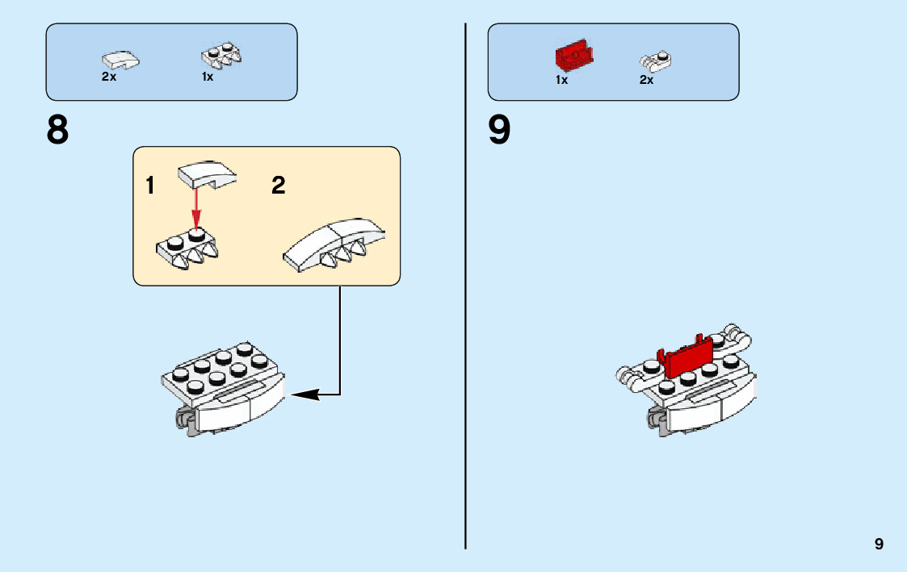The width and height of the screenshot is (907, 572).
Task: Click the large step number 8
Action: click(x=57, y=129)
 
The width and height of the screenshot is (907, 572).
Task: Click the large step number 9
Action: click(x=499, y=129)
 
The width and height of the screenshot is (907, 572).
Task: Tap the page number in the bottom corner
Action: click(x=879, y=544)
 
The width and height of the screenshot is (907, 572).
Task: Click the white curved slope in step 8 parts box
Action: click(x=120, y=60)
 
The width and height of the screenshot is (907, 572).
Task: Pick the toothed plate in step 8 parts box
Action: click(x=221, y=56)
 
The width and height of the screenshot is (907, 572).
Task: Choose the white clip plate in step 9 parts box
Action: click(x=655, y=61)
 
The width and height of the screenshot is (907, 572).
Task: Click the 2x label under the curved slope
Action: click(x=109, y=77)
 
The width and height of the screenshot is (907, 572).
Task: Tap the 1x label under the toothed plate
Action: click(x=207, y=77)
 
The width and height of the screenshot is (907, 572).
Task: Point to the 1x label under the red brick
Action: click(x=561, y=80)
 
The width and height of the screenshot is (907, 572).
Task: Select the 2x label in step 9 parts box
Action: click(x=646, y=80)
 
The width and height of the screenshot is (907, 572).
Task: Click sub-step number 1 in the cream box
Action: click(x=150, y=186)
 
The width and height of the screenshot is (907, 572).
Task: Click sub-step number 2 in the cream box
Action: click(x=278, y=186)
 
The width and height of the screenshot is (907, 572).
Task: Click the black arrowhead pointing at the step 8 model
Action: click(x=304, y=395)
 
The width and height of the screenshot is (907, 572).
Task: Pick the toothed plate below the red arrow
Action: click(x=187, y=248)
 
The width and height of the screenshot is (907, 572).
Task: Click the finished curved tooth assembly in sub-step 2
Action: click(x=334, y=245)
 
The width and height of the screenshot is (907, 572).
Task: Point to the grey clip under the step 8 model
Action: click(x=185, y=419)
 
